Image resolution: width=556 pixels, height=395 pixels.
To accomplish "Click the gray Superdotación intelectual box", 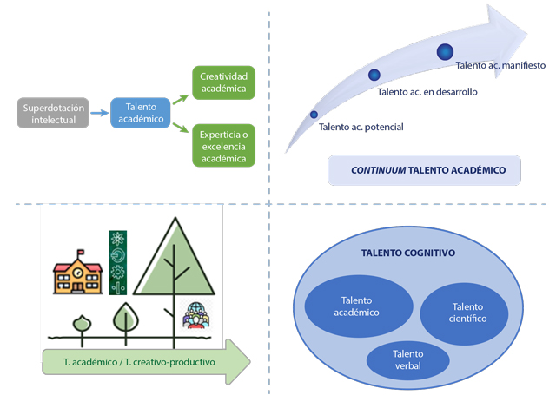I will click(53, 113).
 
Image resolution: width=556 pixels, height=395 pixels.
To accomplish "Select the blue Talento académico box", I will click(140, 112).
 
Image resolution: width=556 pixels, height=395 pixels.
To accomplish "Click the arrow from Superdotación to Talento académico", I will click(100, 113).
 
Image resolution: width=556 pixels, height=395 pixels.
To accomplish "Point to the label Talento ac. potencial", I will click(361, 128).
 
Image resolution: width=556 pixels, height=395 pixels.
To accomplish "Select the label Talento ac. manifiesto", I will click(500, 65).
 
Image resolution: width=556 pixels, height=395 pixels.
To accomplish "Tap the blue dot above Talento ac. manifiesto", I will click(446, 51).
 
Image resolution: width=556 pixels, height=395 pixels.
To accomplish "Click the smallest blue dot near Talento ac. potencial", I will click(314, 114).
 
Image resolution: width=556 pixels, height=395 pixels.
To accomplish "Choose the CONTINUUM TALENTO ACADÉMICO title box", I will click(425, 170).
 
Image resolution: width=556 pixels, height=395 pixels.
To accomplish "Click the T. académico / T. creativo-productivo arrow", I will click(143, 359).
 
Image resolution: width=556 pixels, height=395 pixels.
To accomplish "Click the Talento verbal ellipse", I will click(407, 359).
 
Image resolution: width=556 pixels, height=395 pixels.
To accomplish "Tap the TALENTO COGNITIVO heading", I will click(407, 253).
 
